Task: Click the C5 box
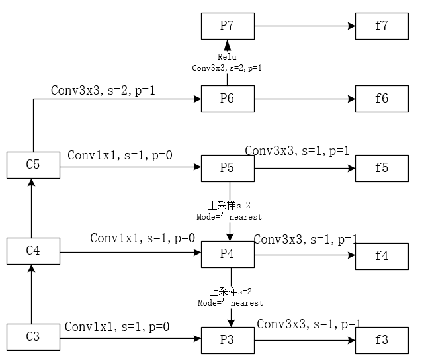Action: click(x=32, y=165)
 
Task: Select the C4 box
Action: click(x=32, y=251)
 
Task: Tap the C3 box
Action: click(x=32, y=337)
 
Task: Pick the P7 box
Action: click(x=228, y=26)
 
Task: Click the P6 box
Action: click(x=228, y=99)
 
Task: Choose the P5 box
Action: click(x=228, y=168)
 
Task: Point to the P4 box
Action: click(x=228, y=254)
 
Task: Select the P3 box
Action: click(x=228, y=340)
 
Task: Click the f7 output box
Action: click(x=382, y=26)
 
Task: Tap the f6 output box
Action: click(x=382, y=99)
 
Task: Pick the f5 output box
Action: click(x=382, y=168)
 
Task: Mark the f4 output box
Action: click(x=382, y=255)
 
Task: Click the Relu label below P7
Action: click(x=227, y=58)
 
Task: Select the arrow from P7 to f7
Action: click(x=304, y=26)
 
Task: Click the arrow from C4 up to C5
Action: click(x=31, y=208)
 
